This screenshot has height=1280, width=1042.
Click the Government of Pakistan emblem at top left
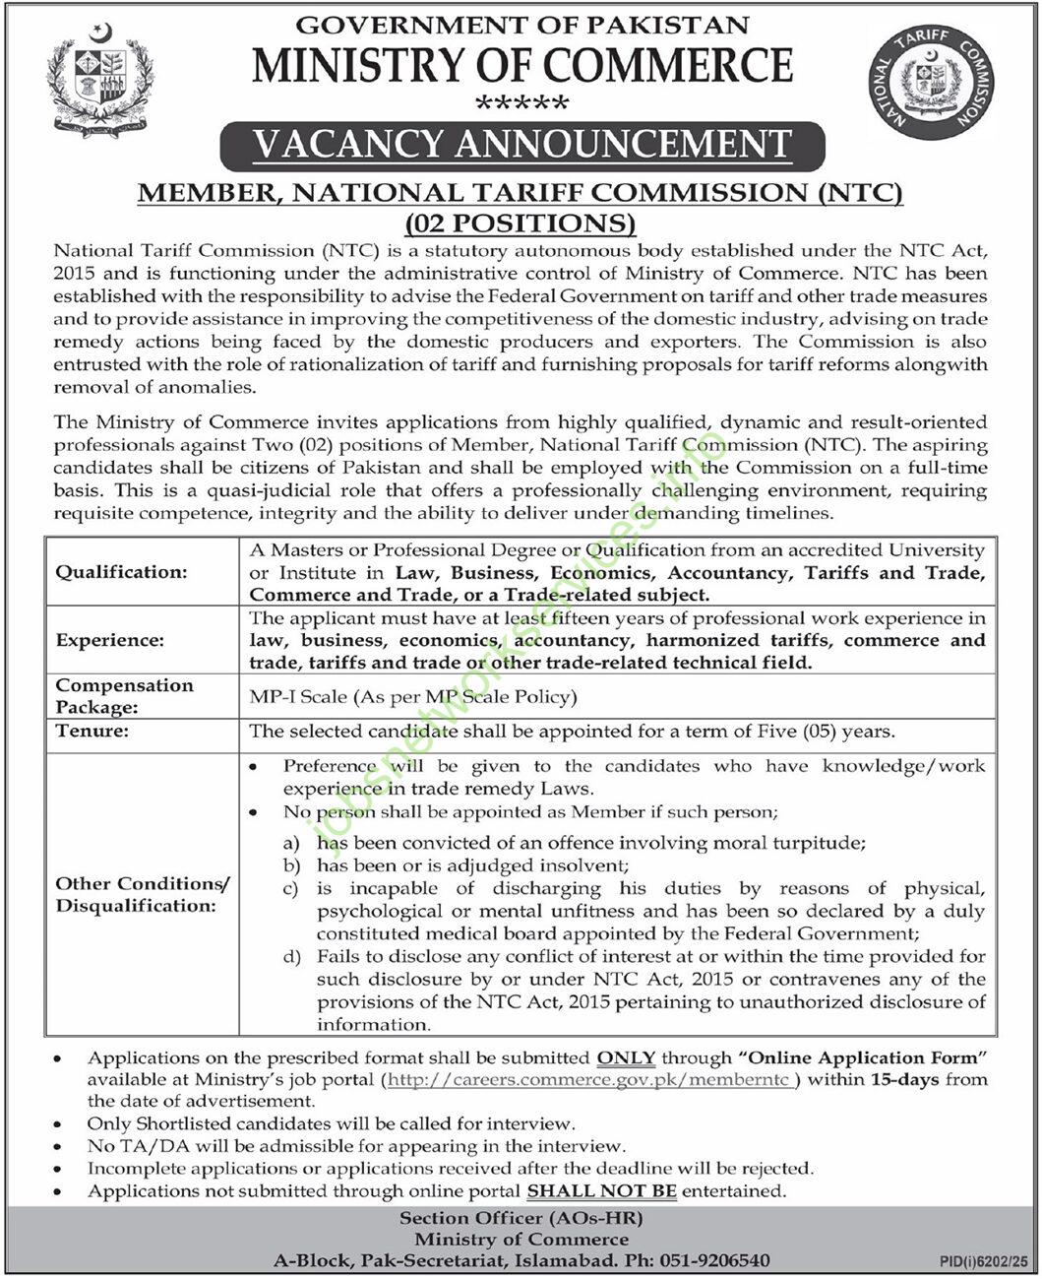pyautogui.click(x=99, y=85)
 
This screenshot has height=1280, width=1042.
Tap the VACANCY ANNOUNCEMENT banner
pyautogui.click(x=521, y=146)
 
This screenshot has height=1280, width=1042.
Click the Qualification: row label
pyautogui.click(x=120, y=572)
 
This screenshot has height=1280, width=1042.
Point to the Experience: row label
pyautogui.click(x=109, y=640)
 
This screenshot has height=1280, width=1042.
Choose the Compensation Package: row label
pyautogui.click(x=124, y=695)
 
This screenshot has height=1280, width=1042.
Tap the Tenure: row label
pyautogui.click(x=92, y=731)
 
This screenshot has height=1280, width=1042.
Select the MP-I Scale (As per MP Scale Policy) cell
pyautogui.click(x=413, y=697)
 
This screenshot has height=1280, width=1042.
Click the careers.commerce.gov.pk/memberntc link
pyautogui.click(x=591, y=1080)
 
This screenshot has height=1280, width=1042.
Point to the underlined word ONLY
pyautogui.click(x=626, y=1058)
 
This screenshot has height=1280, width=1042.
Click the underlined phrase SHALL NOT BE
pyautogui.click(x=602, y=1191)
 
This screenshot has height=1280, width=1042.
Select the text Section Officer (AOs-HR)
pyautogui.click(x=521, y=1218)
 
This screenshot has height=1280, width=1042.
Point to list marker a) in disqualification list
pyautogui.click(x=291, y=844)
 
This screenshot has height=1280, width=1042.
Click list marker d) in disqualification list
pyautogui.click(x=291, y=956)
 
